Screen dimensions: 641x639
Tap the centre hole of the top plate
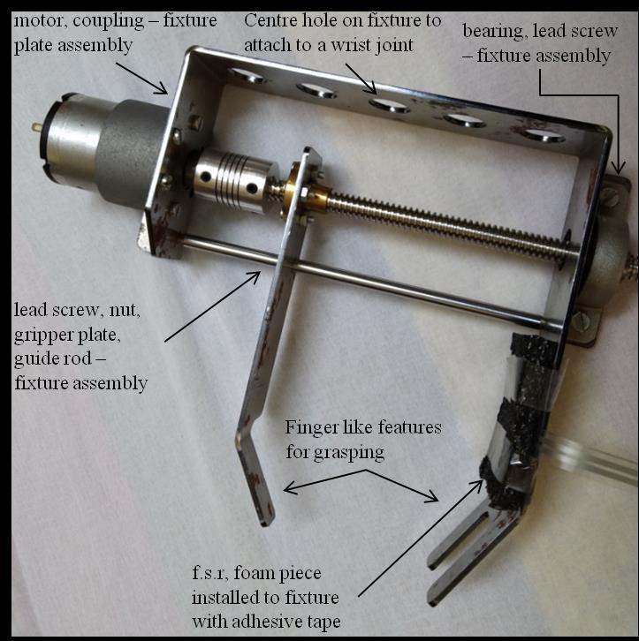pyautogui.click(x=389, y=105)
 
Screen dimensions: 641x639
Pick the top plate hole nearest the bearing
pyautogui.click(x=541, y=135)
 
